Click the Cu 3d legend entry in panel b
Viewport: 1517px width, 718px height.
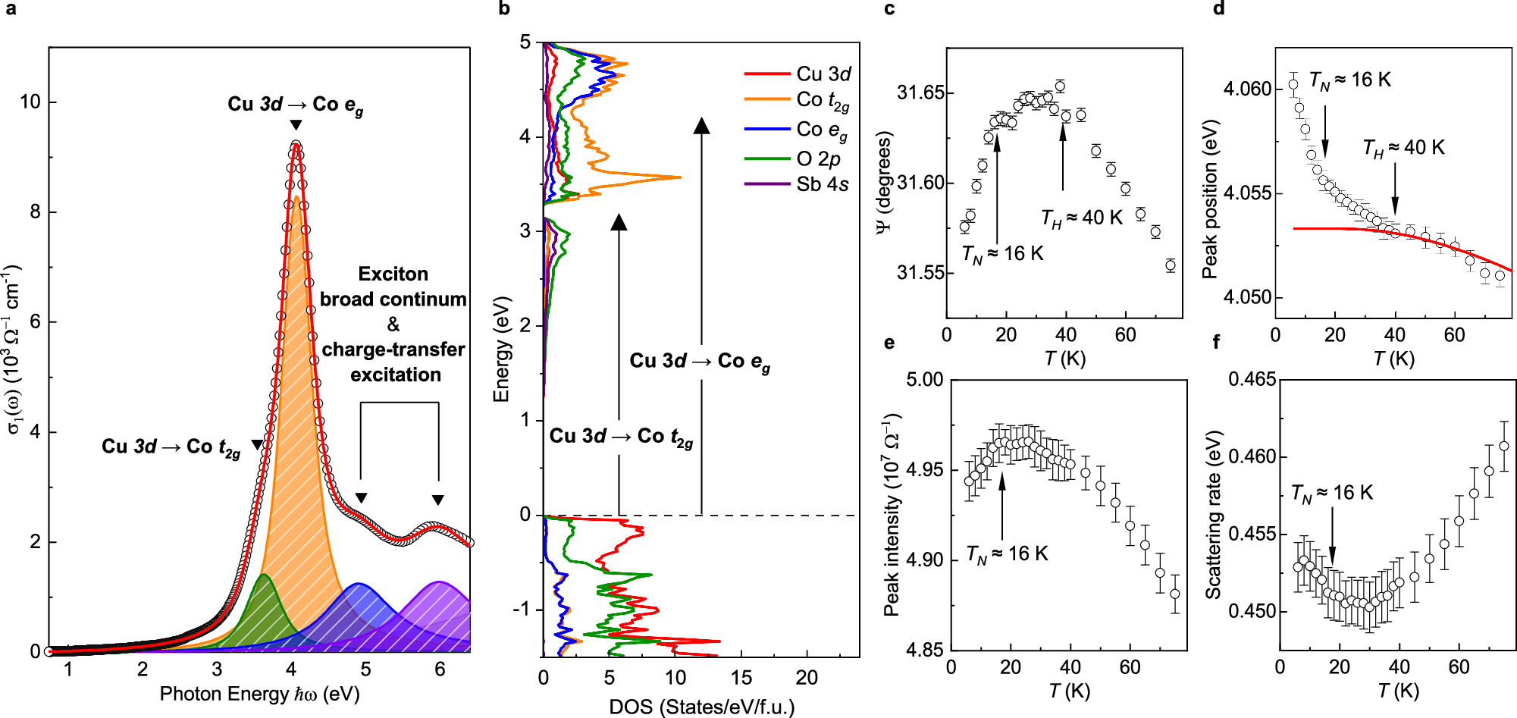(823, 74)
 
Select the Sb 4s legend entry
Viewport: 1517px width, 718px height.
(822, 184)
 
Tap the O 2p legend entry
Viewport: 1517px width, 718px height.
(818, 158)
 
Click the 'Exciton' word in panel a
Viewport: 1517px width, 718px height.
(393, 274)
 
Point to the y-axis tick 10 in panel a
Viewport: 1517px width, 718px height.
(30, 102)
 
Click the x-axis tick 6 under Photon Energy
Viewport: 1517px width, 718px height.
(440, 669)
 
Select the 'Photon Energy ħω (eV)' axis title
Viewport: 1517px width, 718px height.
(259, 694)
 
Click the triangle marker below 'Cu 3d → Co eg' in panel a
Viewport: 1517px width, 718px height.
(296, 125)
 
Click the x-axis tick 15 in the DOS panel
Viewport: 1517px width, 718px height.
(741, 677)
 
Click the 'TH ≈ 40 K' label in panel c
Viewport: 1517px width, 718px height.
(1081, 218)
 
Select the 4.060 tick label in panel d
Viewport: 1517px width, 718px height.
(1247, 89)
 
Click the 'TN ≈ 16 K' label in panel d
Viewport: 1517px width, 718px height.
(1349, 80)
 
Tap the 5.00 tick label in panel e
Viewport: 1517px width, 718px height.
(925, 379)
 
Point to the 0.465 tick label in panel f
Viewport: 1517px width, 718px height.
(1252, 379)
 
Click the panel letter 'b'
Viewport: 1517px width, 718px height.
(504, 9)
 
